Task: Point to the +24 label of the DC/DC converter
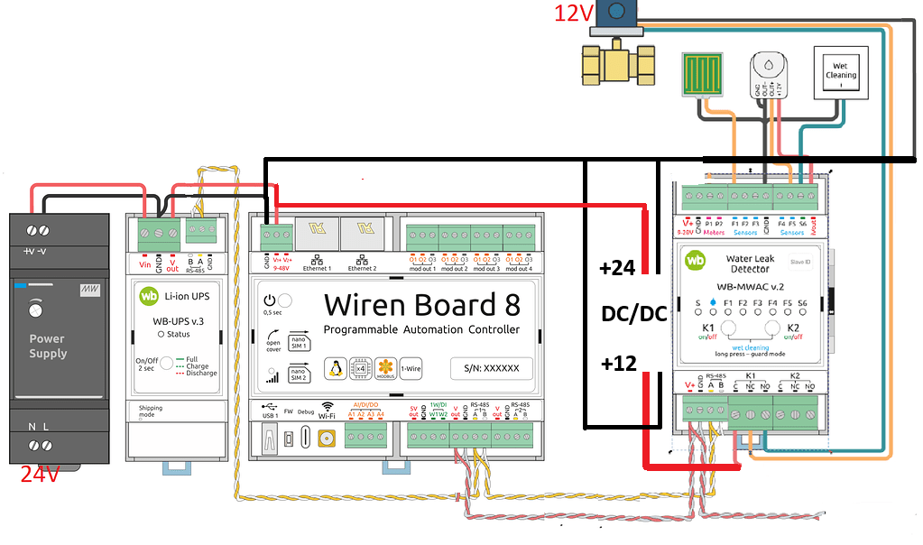[x=618, y=268]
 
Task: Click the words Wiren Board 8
[x=422, y=304]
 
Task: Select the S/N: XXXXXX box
[x=491, y=369]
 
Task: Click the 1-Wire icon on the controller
[x=411, y=368]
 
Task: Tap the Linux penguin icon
[x=336, y=368]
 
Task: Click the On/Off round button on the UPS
[x=166, y=365]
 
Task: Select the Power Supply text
[x=48, y=346]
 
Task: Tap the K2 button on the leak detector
[x=772, y=328]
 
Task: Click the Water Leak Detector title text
[x=750, y=263]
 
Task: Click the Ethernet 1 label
[x=317, y=268]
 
